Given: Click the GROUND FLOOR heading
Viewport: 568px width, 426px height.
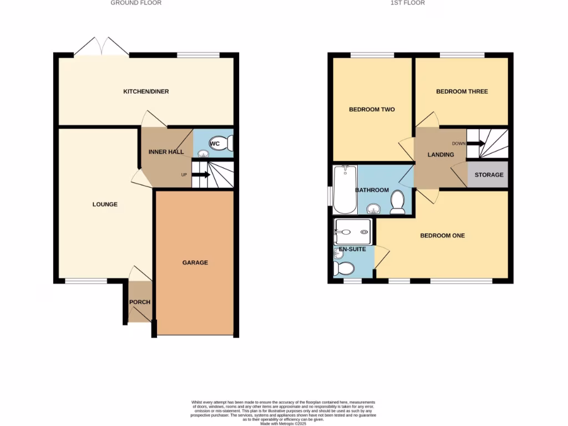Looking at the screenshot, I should tap(136, 3).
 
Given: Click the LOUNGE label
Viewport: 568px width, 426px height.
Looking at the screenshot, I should tap(105, 204).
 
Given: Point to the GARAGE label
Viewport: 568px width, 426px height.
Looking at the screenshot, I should tap(195, 262).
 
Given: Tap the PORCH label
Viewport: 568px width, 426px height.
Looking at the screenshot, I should tap(139, 302).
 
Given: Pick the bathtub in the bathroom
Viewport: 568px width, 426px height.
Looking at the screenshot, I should tap(345, 190).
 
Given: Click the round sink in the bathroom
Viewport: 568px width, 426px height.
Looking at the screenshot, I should tap(373, 209).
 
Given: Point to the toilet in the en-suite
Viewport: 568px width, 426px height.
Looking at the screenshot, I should tap(344, 268).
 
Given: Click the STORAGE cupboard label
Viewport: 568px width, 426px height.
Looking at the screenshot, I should tap(489, 175).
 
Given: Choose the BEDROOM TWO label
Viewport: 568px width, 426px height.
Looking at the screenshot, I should tap(372, 109).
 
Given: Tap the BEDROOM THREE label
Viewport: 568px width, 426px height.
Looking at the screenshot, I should tap(461, 92).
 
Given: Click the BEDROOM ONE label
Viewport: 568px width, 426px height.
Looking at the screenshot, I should tap(442, 236).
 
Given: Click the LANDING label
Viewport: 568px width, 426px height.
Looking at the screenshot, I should tap(441, 155).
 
